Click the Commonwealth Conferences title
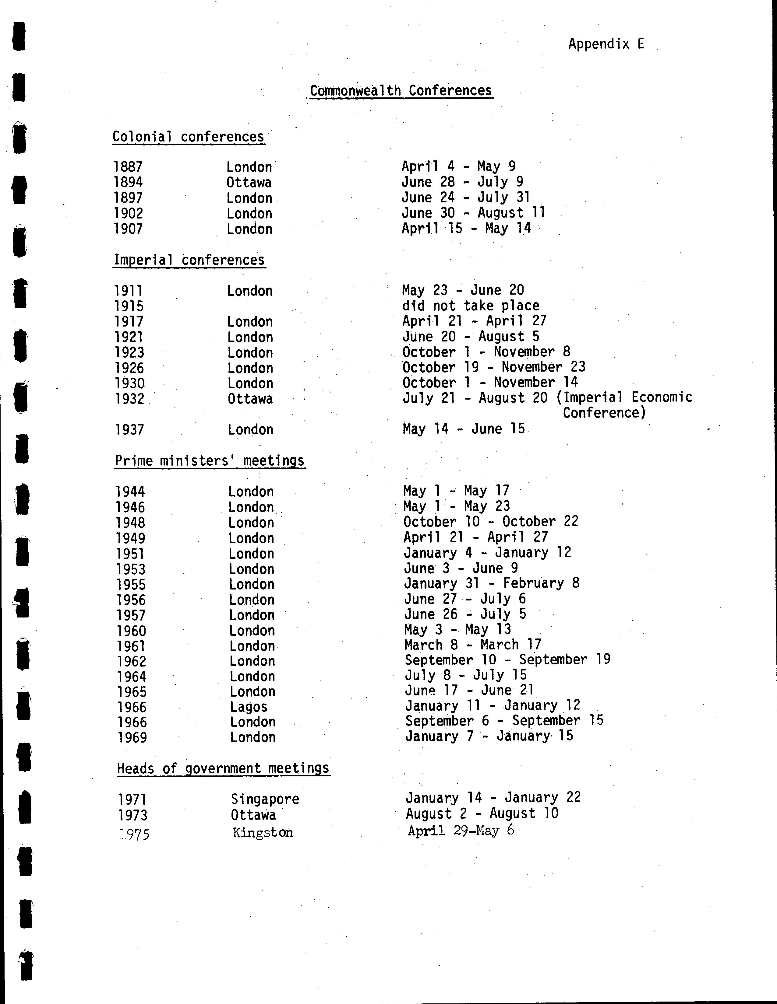[401, 91]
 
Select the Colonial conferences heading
[188, 137]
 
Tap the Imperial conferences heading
[189, 260]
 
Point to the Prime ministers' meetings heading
[210, 461]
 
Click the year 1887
[128, 167]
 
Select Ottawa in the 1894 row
[249, 183]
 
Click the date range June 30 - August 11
[473, 213]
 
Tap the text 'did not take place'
[470, 306]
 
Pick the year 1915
[129, 306]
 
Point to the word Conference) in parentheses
[605, 413]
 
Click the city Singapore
[265, 799]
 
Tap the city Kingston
[263, 833]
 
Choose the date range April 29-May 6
[461, 830]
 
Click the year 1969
[132, 737]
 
